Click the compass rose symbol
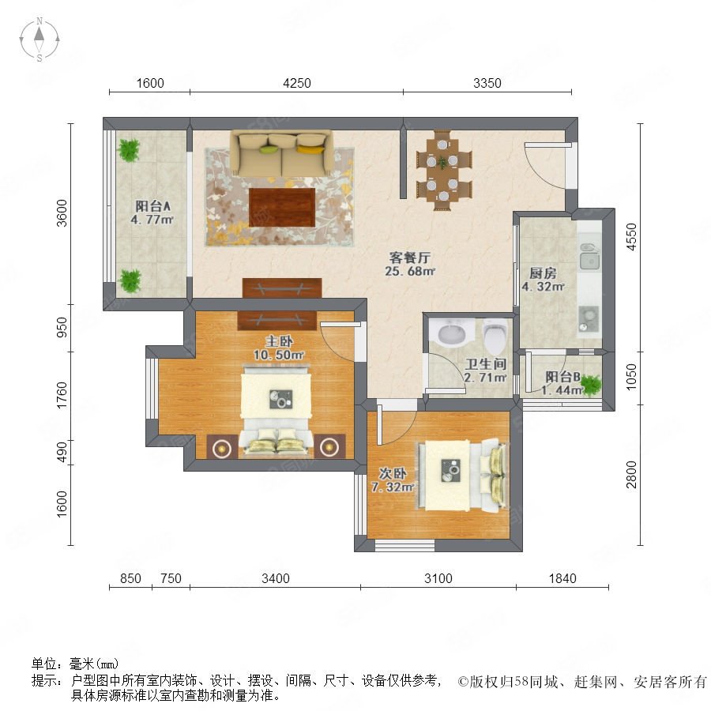click(x=39, y=39)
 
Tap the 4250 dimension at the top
click(x=297, y=83)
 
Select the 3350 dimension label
click(x=487, y=83)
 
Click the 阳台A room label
click(x=152, y=206)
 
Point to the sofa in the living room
click(x=281, y=153)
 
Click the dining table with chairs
click(x=443, y=170)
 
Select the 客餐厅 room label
click(x=409, y=258)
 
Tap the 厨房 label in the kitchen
click(x=544, y=273)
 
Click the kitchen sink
click(x=589, y=258)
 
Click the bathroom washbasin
click(x=452, y=333)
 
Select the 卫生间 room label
click(x=486, y=363)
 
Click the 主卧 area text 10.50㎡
click(x=278, y=355)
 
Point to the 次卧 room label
click(x=393, y=473)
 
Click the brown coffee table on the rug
click(x=282, y=207)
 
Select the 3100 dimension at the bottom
click(x=438, y=578)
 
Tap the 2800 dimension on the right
click(x=631, y=474)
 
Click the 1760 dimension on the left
click(x=62, y=395)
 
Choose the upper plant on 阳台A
click(x=129, y=149)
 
